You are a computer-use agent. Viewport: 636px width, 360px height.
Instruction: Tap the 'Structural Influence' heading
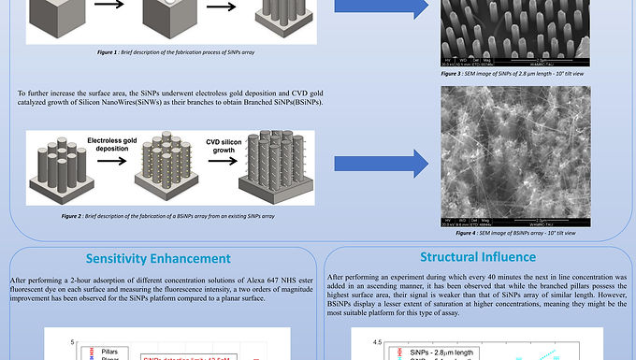477,256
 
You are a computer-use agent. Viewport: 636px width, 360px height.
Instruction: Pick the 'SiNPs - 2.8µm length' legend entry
445,352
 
